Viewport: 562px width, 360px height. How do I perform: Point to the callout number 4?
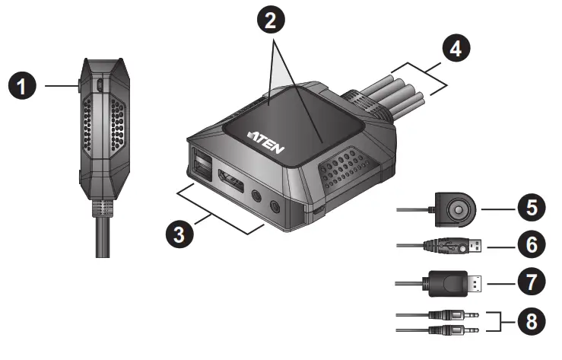453,53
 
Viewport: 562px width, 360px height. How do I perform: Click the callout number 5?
532,207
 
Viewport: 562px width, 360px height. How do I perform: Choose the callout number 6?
532,247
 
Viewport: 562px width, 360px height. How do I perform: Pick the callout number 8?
532,321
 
